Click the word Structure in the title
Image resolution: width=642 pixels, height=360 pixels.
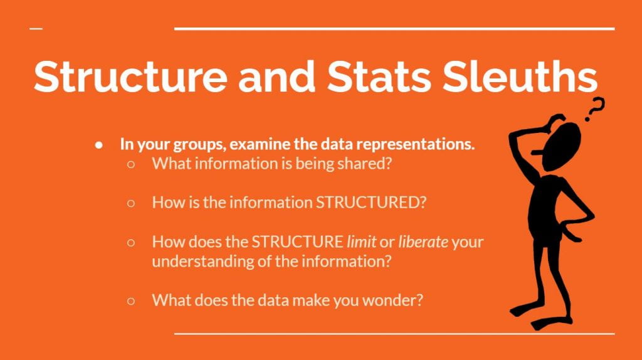coord(130,77)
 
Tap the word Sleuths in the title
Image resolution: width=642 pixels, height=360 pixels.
coord(520,77)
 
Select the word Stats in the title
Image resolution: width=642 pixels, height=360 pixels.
coord(379,77)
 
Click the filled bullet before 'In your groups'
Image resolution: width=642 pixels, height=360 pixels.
coord(98,145)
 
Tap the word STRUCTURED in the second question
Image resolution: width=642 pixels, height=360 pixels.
coord(371,203)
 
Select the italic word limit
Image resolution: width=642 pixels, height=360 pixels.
coord(362,241)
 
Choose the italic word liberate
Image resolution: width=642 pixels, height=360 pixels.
coord(423,241)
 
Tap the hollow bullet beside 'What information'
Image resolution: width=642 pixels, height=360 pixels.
coord(131,164)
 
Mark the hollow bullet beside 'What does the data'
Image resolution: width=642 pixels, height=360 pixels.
coord(131,301)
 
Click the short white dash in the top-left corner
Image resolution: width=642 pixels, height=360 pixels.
coord(36,29)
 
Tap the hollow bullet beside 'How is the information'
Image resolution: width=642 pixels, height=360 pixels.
coord(131,203)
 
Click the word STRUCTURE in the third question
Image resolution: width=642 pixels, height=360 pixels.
coord(297,241)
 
